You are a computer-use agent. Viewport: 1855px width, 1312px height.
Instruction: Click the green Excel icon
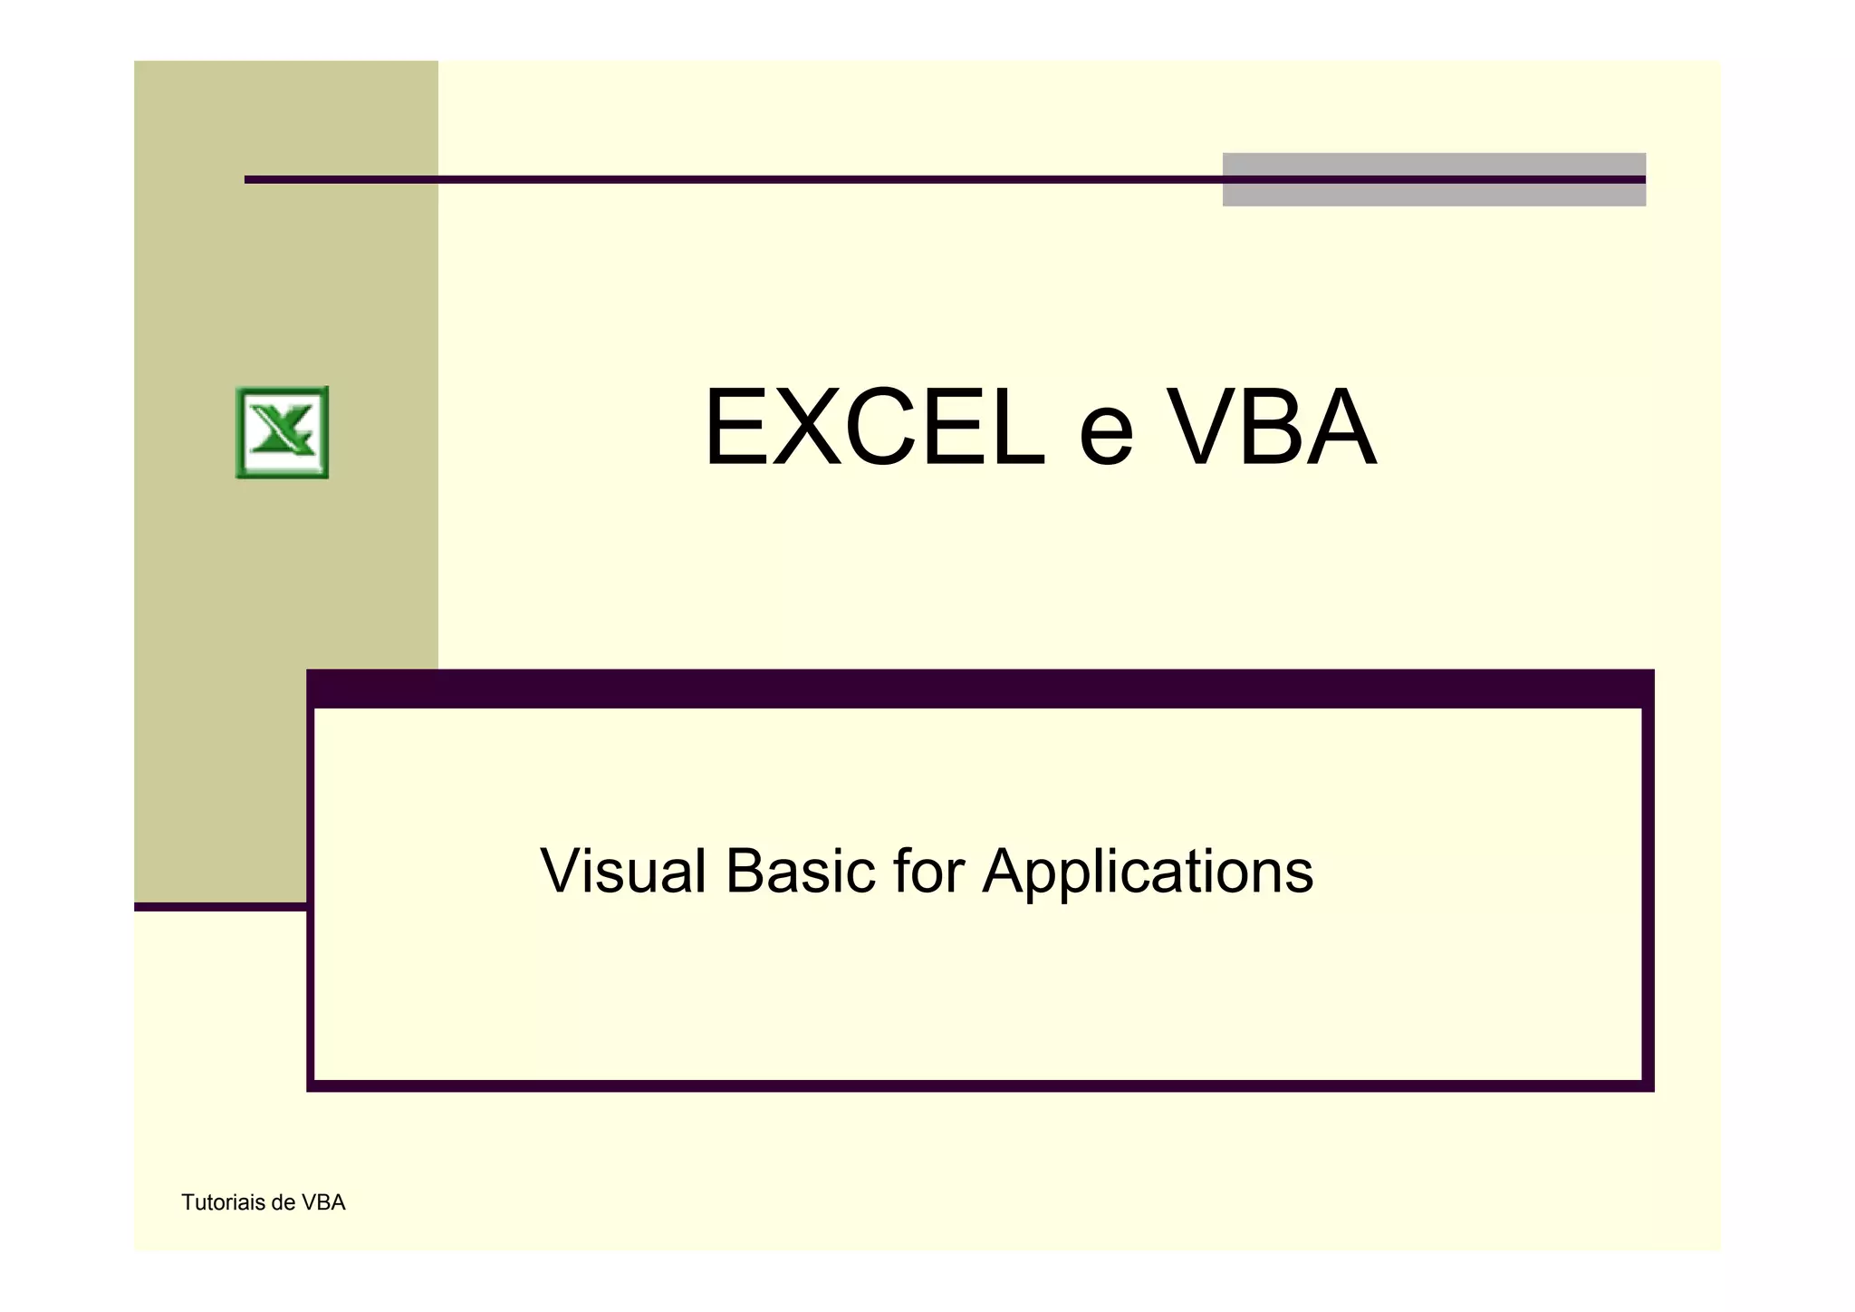tap(282, 432)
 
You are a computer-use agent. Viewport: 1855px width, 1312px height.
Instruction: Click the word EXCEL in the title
tap(873, 428)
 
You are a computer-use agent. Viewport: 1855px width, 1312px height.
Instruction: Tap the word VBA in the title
tap(1273, 428)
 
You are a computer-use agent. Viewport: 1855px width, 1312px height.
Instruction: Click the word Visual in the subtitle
tap(622, 871)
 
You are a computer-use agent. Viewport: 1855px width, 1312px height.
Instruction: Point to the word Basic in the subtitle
tap(800, 871)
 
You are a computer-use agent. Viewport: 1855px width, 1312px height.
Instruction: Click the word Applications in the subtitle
tap(1148, 873)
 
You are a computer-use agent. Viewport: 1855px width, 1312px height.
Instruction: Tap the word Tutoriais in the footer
tap(223, 1202)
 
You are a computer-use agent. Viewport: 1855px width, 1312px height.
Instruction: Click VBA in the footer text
tap(323, 1202)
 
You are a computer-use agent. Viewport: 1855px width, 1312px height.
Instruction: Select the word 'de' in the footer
tap(284, 1202)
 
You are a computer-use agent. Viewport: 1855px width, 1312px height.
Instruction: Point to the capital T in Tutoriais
tap(187, 1202)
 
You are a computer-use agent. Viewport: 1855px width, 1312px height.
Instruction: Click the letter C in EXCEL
tap(876, 428)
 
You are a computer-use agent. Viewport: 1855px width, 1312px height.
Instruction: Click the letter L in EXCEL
tap(1016, 428)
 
